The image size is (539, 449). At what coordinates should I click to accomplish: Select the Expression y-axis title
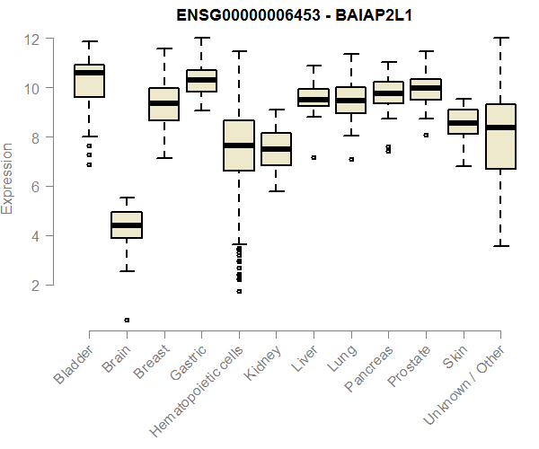(8, 178)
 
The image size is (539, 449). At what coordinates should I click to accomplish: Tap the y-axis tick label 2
(34, 286)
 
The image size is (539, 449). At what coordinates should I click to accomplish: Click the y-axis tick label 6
(34, 187)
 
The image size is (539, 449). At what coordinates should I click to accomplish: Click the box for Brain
(127, 224)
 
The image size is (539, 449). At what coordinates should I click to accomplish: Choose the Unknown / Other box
(500, 136)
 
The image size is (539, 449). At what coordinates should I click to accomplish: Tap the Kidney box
(276, 149)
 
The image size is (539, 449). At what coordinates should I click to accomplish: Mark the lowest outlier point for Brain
(127, 320)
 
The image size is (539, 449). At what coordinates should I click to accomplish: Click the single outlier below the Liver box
(314, 157)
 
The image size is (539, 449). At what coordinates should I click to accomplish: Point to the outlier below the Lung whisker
(351, 159)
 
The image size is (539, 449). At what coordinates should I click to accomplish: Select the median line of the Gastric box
(201, 80)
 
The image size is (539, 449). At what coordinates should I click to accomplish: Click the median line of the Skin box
(464, 123)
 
